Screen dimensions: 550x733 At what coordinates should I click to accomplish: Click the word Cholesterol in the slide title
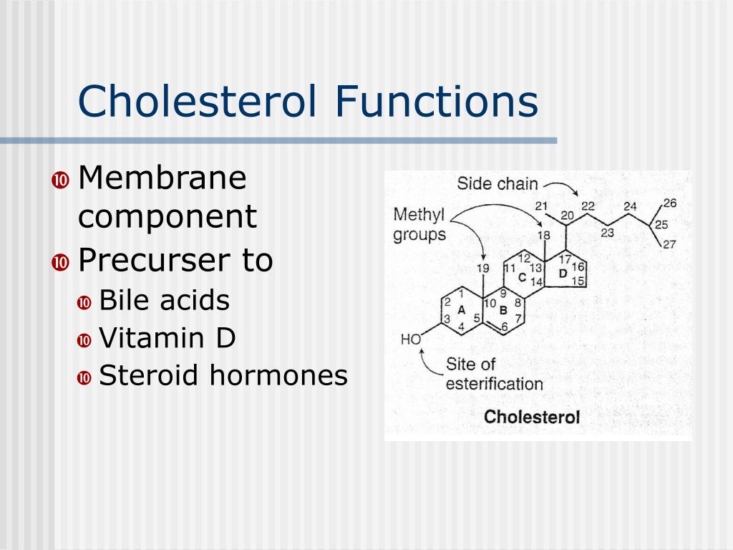point(197,101)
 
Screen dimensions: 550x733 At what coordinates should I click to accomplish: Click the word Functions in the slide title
point(435,101)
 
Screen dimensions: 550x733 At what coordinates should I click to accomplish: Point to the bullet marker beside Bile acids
point(84,302)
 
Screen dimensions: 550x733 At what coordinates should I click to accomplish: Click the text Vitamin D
point(167,338)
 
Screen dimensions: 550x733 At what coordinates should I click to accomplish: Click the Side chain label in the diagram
point(497,184)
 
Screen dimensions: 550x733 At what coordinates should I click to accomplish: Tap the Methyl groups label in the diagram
point(419,224)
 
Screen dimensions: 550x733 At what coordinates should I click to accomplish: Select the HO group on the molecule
point(411,340)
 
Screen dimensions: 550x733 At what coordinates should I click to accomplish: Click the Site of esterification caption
point(494,373)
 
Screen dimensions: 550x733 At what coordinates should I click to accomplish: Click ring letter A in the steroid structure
point(461,309)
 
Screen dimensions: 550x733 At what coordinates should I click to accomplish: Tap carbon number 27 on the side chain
point(669,244)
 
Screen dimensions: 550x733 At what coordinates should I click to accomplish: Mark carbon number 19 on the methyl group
point(483,269)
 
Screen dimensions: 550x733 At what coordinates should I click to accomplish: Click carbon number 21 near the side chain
point(541,206)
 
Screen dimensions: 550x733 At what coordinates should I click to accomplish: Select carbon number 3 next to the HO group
point(447,319)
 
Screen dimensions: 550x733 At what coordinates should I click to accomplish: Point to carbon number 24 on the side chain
point(629,206)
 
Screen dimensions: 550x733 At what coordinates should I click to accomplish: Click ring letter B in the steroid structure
point(503,310)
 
